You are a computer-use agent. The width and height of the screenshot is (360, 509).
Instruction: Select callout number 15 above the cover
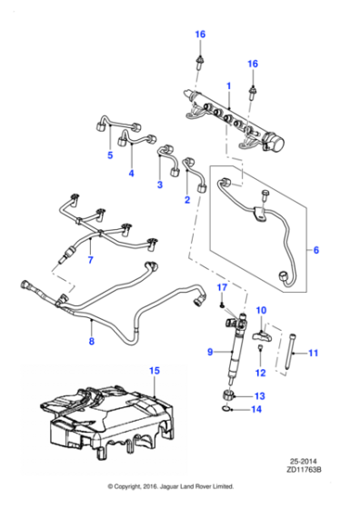(155, 371)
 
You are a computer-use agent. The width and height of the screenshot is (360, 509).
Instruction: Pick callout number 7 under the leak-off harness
(90, 261)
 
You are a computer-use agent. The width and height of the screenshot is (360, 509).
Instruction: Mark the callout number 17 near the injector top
(220, 288)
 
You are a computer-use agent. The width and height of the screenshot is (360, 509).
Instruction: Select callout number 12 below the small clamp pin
(260, 373)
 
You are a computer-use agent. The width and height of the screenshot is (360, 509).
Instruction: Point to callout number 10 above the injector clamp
(259, 311)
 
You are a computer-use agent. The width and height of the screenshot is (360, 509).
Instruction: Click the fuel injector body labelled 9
(228, 350)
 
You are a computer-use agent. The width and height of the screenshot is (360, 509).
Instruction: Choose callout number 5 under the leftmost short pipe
(110, 155)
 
